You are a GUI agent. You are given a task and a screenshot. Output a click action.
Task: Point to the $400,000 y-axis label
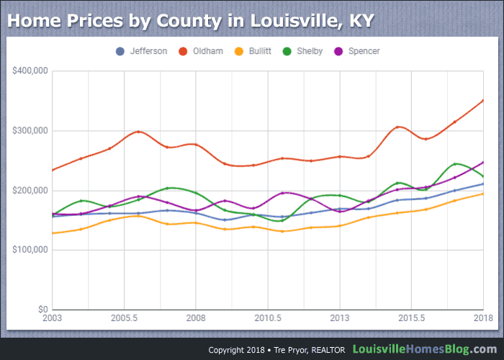(x=29, y=71)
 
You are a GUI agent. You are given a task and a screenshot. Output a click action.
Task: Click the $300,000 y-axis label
(x=29, y=131)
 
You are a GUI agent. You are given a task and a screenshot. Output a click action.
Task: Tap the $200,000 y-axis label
(x=29, y=191)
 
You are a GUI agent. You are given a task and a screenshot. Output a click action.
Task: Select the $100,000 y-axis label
(x=29, y=250)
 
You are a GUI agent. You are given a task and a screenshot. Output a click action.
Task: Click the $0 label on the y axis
(x=42, y=310)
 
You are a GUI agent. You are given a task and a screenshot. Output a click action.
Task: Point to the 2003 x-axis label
(x=53, y=318)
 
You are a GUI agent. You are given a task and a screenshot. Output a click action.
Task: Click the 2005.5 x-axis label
(x=124, y=318)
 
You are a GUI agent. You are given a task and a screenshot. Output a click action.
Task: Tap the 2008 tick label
(x=196, y=318)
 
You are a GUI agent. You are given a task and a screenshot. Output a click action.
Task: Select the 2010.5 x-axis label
(x=267, y=318)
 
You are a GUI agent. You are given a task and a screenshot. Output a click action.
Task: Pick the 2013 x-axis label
(x=339, y=318)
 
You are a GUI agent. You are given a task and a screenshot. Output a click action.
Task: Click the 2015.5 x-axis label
(x=410, y=318)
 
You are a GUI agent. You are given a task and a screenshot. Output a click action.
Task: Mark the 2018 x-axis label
(x=481, y=318)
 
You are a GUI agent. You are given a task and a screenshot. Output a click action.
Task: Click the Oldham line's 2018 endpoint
(x=482, y=101)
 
